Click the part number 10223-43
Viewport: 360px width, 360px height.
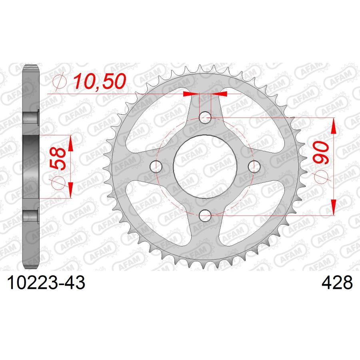coord(44,283)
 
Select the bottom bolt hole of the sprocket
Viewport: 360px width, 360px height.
coord(205,216)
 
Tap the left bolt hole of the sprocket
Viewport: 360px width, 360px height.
coord(156,166)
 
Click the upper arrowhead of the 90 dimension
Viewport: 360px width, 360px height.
coord(333,126)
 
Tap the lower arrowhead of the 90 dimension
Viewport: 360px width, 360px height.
coord(333,207)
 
